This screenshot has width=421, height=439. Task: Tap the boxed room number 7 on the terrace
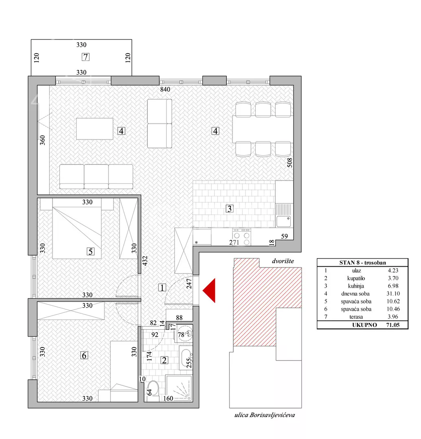[86, 57]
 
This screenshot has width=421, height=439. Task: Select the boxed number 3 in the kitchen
[229, 209]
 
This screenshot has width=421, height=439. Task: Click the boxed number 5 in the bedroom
[90, 252]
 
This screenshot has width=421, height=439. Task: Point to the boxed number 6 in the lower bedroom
[84, 355]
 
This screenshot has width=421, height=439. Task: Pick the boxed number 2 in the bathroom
[164, 360]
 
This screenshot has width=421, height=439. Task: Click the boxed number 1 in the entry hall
[162, 287]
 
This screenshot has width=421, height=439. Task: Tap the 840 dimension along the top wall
[165, 89]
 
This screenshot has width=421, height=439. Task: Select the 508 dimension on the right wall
[290, 163]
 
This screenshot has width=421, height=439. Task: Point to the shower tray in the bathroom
[179, 389]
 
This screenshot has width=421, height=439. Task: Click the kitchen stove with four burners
[241, 237]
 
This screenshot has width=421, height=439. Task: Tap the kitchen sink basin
[283, 221]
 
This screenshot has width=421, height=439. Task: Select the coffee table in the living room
[94, 129]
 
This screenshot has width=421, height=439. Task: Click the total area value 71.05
[392, 325]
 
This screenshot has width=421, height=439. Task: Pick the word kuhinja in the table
[356, 286]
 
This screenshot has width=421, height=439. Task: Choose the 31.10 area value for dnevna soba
[393, 293]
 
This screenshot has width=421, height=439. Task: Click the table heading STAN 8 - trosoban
[362, 263]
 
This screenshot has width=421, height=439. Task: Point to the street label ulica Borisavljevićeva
[265, 415]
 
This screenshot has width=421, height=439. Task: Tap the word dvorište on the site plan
[283, 261]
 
